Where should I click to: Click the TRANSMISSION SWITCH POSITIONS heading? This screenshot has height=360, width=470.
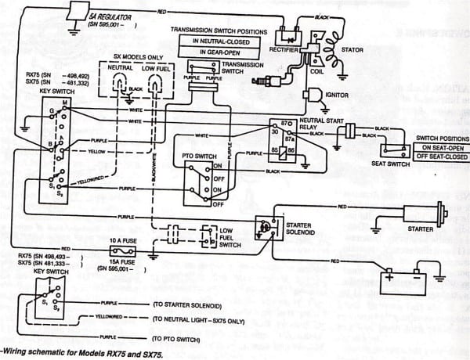[220, 30]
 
